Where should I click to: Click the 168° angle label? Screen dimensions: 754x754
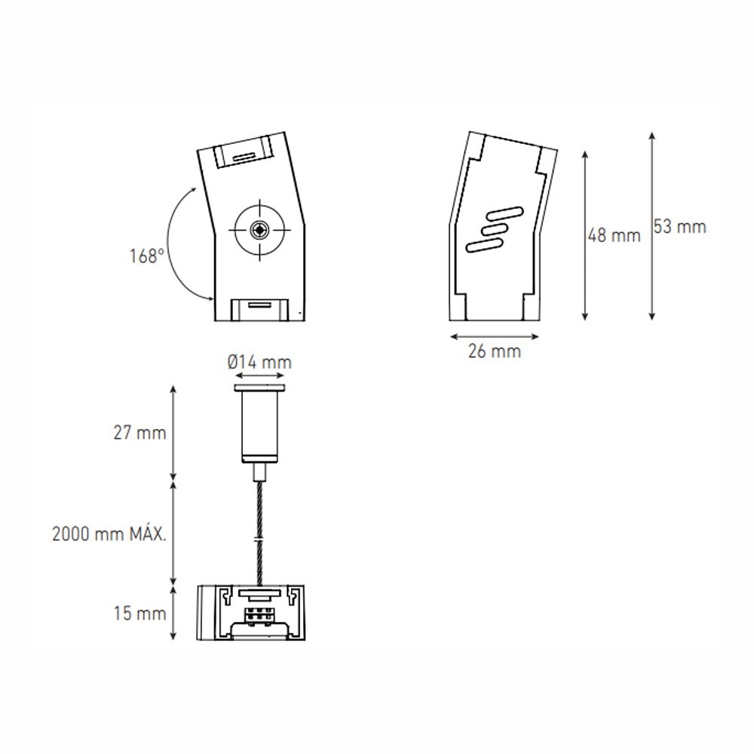146,256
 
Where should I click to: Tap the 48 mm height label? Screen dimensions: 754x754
614,235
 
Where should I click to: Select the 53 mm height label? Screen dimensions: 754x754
679,226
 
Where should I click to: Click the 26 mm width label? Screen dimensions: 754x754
495,351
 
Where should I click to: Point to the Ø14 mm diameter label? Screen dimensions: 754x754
259,363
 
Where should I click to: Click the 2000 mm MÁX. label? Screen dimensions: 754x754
109,534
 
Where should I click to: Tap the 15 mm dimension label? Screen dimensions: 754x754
140,614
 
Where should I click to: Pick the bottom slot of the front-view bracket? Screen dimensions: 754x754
259,306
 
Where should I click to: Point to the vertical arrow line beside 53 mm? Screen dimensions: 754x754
651,226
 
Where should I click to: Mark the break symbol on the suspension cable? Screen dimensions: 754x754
259,541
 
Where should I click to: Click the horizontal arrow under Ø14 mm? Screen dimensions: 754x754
260,375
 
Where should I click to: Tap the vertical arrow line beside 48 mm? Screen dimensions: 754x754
586,235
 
